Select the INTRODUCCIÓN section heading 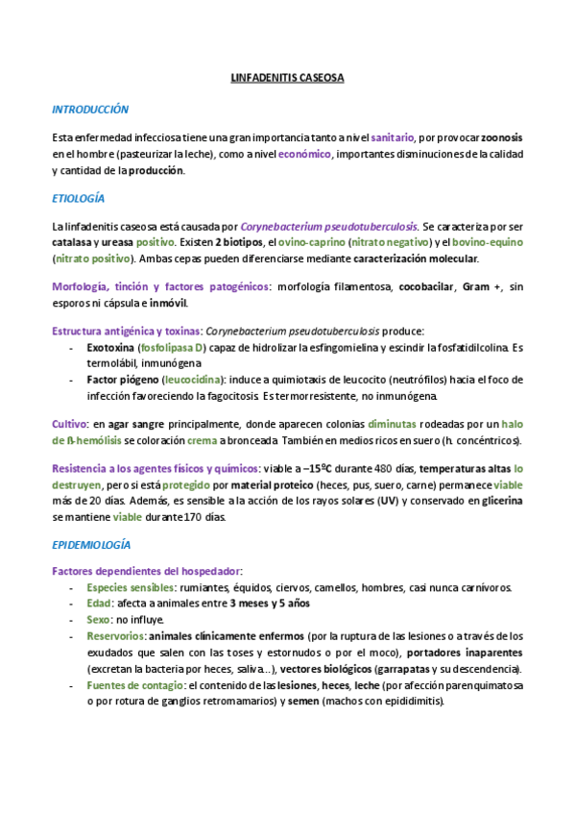tap(90, 110)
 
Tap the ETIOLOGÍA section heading tap(78, 198)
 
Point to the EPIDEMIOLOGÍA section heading tap(91, 544)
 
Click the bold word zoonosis tap(501, 137)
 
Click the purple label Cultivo tap(69, 424)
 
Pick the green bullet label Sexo tap(98, 620)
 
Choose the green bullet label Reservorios tap(115, 636)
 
